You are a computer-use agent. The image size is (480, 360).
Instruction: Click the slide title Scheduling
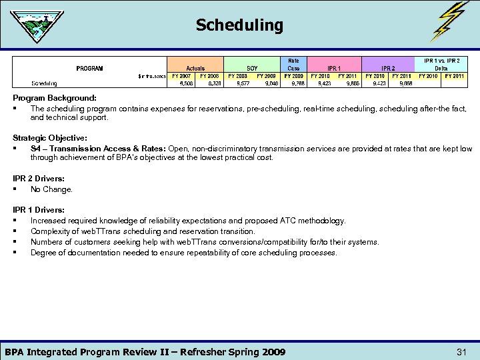pos(239,25)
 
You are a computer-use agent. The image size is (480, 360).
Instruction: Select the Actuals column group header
pos(195,68)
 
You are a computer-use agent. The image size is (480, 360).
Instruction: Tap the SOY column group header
pos(252,68)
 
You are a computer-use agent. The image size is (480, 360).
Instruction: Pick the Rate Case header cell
pos(293,64)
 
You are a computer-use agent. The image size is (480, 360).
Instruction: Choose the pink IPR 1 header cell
pos(334,68)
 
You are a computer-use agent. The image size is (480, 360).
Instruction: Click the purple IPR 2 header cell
pos(388,68)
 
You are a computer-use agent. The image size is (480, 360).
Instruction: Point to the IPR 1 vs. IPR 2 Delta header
pos(441,64)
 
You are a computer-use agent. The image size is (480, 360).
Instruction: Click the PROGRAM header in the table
pos(89,68)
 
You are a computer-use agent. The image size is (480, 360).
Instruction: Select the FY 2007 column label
pos(181,76)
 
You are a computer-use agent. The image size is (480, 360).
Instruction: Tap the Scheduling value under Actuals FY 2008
pos(214,84)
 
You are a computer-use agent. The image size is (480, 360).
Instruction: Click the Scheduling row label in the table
pos(45,84)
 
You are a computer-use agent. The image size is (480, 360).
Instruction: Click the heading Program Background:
pos(55,99)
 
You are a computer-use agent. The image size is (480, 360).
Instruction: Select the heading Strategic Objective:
pos(50,138)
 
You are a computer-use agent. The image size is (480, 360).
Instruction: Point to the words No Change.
pos(51,189)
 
